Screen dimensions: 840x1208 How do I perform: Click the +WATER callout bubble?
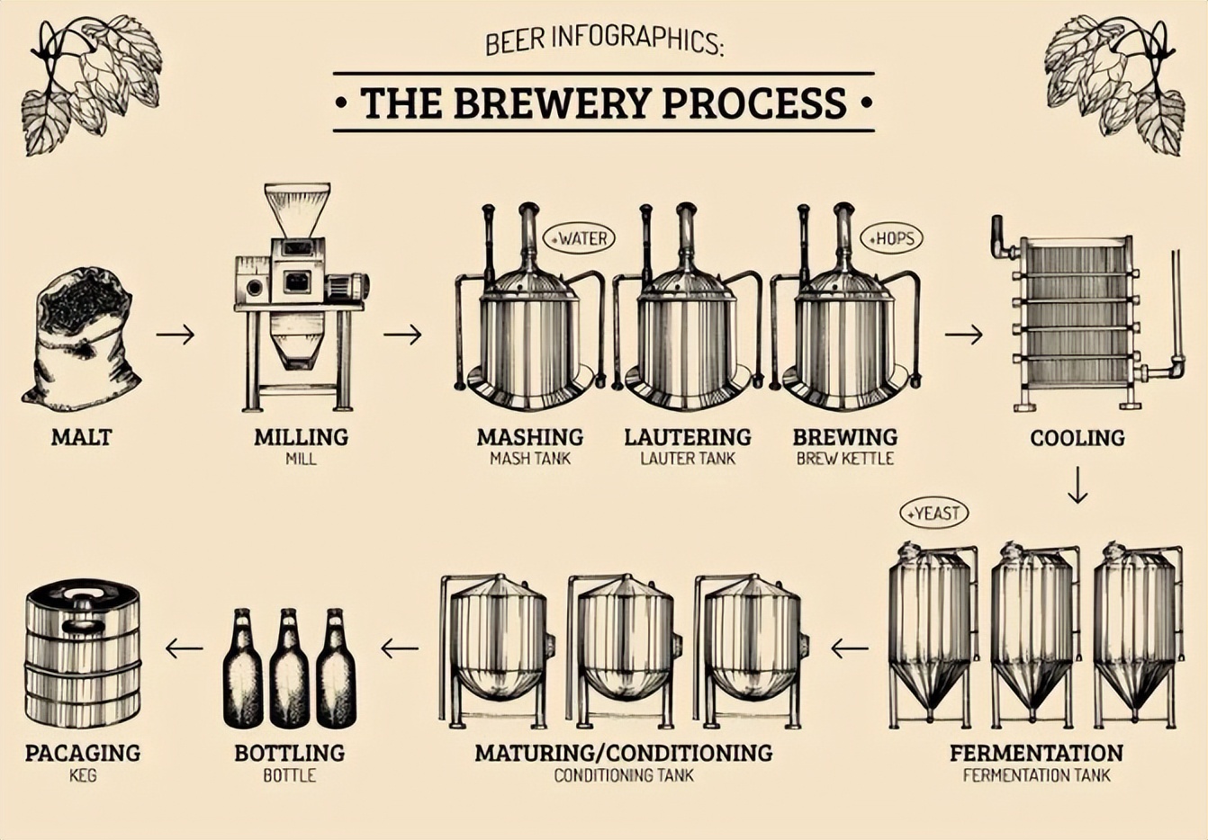(x=580, y=238)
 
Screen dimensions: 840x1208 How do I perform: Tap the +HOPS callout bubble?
(x=892, y=238)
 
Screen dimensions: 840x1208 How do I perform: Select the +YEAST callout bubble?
(x=934, y=514)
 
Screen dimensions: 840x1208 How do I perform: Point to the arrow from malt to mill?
(x=175, y=335)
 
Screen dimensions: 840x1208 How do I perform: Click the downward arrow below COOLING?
(x=1077, y=486)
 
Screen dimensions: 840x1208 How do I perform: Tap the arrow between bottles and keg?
(x=184, y=648)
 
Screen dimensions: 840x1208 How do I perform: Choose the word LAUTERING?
(x=688, y=437)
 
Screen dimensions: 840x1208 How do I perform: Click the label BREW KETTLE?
(x=845, y=459)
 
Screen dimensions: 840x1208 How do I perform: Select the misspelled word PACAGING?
(x=83, y=753)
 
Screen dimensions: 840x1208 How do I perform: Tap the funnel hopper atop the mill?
(x=297, y=209)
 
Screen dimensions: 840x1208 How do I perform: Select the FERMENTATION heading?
(x=1036, y=753)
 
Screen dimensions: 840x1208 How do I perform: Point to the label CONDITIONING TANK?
(x=624, y=775)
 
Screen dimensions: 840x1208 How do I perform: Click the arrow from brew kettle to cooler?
(x=963, y=335)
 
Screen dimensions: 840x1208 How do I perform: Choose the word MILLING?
(x=301, y=437)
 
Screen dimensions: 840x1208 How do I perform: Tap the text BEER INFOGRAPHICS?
(x=603, y=40)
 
